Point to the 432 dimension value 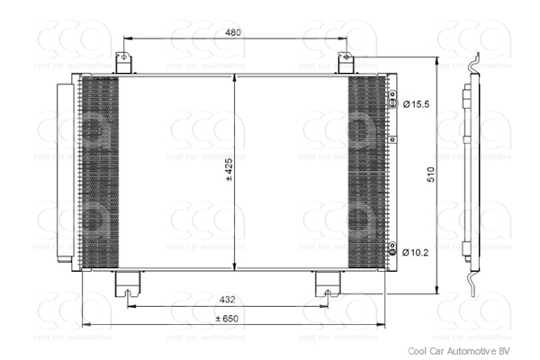click(228, 300)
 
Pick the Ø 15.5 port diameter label click(416, 104)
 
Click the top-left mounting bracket click(123, 63)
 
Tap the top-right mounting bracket click(344, 63)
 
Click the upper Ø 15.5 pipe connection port click(391, 104)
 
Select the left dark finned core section click(99, 171)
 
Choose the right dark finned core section click(365, 171)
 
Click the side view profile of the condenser click(468, 171)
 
